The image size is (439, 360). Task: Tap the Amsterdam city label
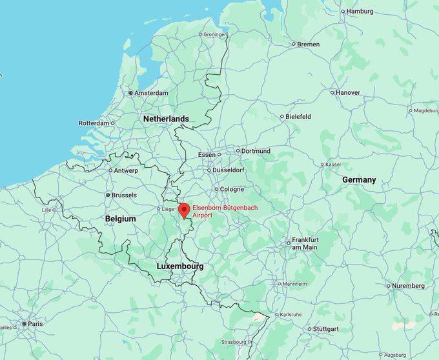[152, 93]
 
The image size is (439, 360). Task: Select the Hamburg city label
[360, 11]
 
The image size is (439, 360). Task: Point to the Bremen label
[309, 44]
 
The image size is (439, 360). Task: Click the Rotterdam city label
[94, 123]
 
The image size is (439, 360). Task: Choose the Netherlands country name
[166, 119]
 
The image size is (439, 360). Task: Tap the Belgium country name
[121, 219]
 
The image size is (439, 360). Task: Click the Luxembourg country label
[180, 266]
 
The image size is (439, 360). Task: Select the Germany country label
[359, 179]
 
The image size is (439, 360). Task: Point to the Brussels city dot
[108, 195]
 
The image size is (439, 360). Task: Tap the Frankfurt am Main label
[305, 243]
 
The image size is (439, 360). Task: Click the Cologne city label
[232, 189]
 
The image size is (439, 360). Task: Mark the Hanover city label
[348, 92]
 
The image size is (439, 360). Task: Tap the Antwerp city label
[126, 170]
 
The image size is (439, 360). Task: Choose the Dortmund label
[256, 151]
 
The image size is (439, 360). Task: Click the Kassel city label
[333, 165]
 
